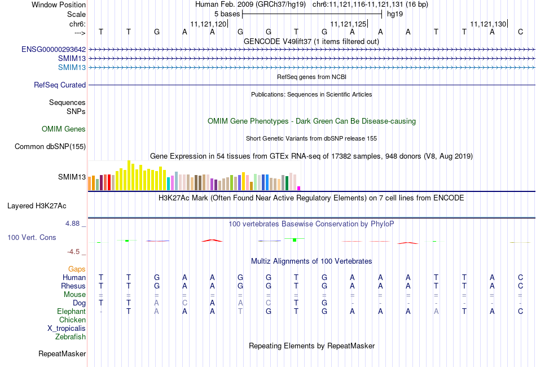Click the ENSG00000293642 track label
coord(54,50)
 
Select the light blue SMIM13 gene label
coord(72,67)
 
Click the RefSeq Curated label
coord(60,85)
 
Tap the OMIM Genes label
coord(64,129)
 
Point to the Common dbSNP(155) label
coord(50,146)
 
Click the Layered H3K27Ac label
coord(37,206)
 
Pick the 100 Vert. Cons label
coord(32,237)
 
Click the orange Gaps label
coord(77,269)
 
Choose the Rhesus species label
coord(73,286)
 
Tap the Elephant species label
coord(72,311)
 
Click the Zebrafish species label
coord(71,337)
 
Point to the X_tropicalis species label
coord(67,329)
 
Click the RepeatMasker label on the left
coord(62,353)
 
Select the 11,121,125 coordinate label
coord(348,24)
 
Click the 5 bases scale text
coord(227,14)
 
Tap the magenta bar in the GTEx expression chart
coord(299,188)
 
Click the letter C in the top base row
coord(520,32)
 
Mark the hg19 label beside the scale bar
coord(395,14)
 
